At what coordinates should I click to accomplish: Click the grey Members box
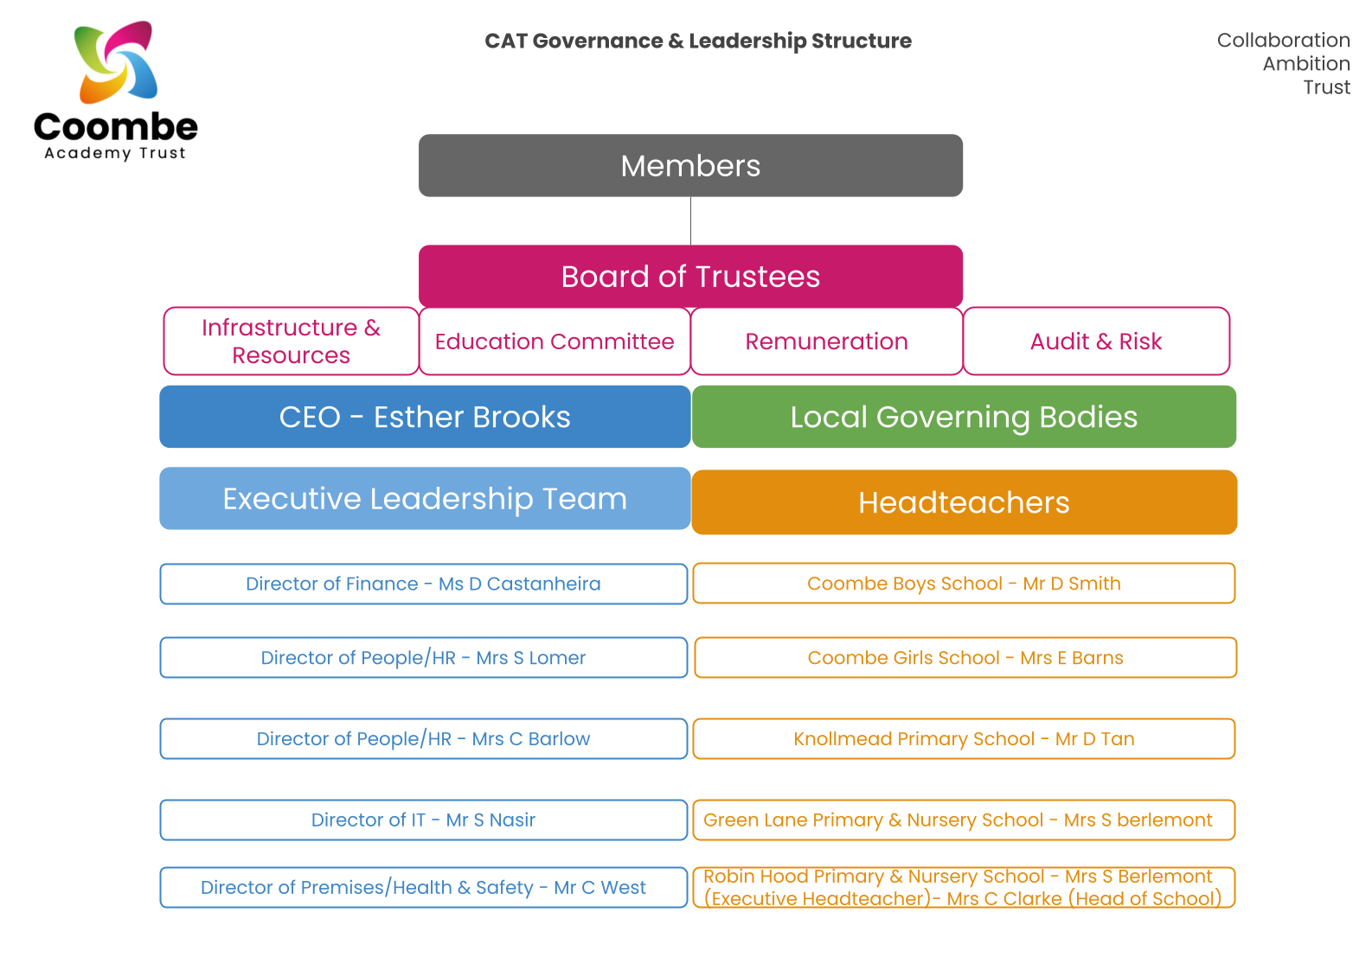(690, 165)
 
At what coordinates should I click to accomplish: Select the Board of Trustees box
(690, 277)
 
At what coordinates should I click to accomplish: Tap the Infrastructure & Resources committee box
(291, 341)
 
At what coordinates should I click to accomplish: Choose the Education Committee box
(555, 341)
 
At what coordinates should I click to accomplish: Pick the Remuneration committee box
(826, 341)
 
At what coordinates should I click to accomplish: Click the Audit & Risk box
(1096, 341)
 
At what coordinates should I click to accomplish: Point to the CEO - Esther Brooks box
(425, 417)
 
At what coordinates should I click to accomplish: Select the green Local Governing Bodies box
(964, 417)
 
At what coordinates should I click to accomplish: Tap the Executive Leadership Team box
(425, 499)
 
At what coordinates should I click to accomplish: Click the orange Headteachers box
(964, 502)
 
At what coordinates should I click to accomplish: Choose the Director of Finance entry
(423, 584)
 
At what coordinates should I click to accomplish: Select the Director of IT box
(423, 820)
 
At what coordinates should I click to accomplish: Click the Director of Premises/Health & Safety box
(423, 887)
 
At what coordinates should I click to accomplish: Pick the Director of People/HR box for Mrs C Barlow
(423, 739)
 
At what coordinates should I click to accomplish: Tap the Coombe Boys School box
(964, 584)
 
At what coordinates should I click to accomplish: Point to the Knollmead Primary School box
(964, 739)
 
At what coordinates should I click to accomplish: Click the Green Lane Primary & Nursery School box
(964, 820)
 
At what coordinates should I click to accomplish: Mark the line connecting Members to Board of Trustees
(690, 221)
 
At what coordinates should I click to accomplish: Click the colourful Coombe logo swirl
(116, 62)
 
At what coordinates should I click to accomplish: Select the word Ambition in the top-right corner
(1305, 64)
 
